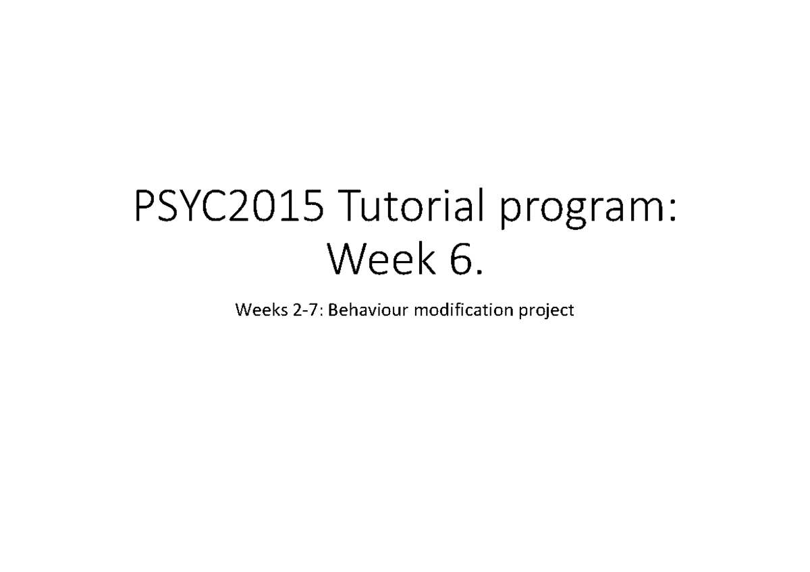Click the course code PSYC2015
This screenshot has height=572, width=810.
227,208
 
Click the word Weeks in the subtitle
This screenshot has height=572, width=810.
254,311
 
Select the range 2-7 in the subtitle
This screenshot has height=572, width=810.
295,311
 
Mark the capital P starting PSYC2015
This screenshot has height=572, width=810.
145,208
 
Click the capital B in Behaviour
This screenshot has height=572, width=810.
331,311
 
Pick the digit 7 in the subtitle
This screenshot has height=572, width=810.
302,311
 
